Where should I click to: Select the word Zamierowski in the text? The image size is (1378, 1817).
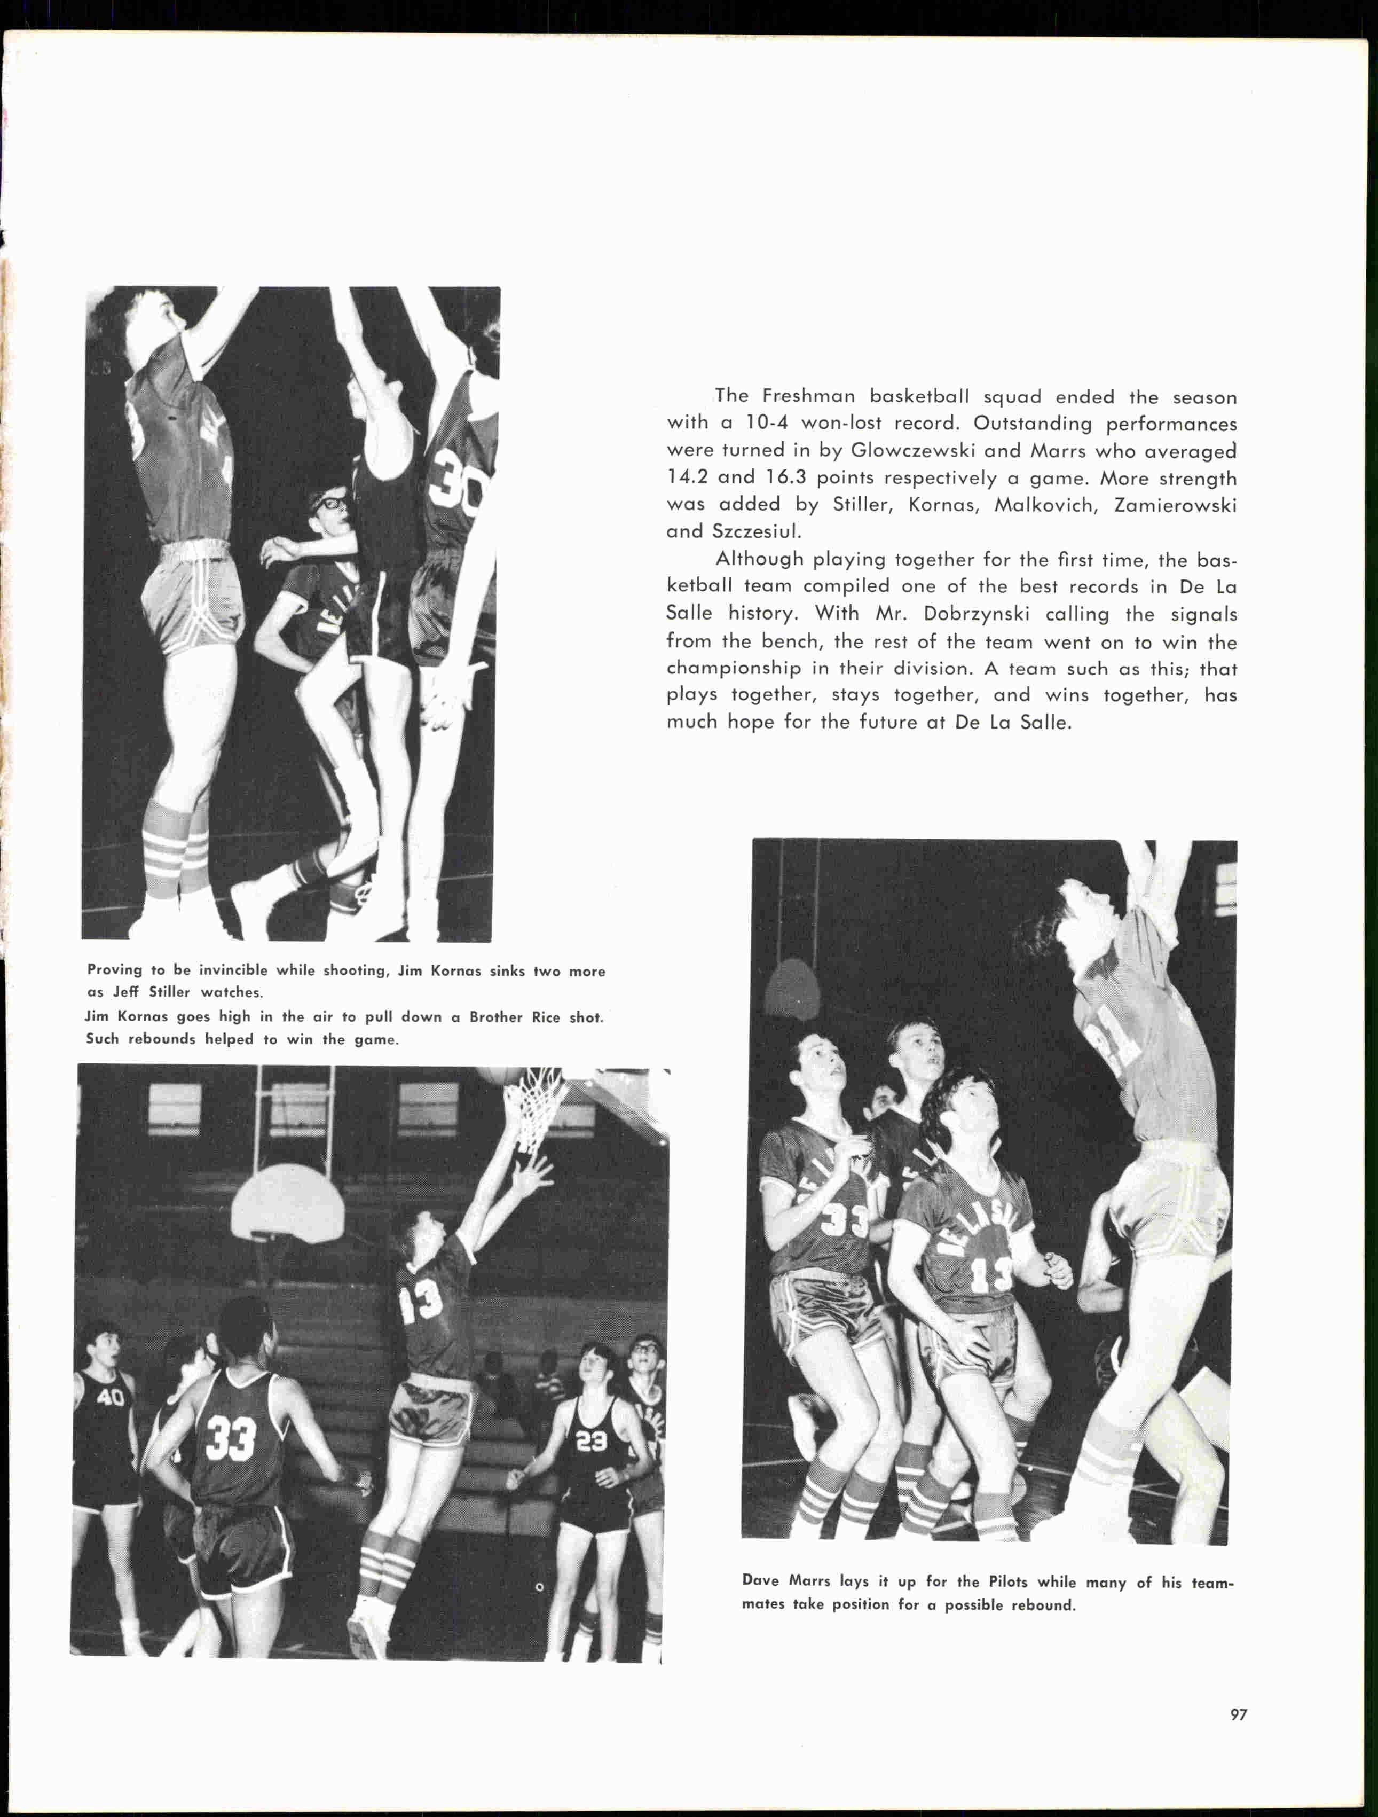(1175, 505)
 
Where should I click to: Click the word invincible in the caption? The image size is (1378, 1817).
(232, 970)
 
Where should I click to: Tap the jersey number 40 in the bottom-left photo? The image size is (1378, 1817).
(110, 1397)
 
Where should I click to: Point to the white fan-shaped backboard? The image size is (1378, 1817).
(287, 1204)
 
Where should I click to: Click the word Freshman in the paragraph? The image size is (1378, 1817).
(809, 397)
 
